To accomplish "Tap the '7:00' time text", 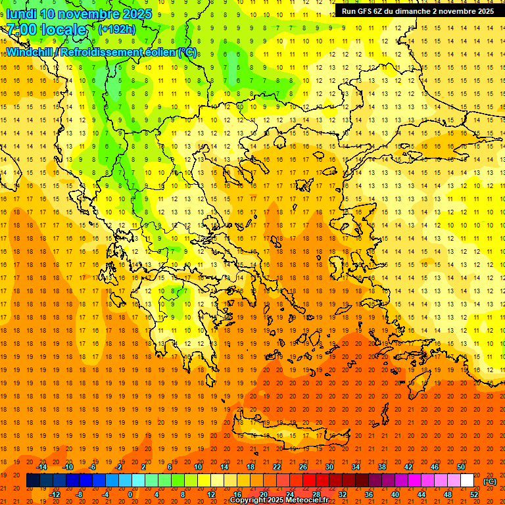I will (x=22, y=30).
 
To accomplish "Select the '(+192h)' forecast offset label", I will (x=116, y=29).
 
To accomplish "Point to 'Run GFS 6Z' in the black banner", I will (x=364, y=11).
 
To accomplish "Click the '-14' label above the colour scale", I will (x=41, y=467).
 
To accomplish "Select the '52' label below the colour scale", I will (x=473, y=494).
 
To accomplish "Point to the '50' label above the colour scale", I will (x=460, y=467).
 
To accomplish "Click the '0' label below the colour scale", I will (x=130, y=494).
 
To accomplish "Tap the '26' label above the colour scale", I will (x=303, y=467).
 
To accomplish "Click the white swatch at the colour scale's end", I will (x=467, y=481).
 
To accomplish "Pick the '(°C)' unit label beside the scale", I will (x=489, y=481).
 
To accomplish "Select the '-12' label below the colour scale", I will (x=55, y=494).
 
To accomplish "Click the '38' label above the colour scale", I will (x=381, y=467).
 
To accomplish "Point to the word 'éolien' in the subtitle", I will (x=153, y=52).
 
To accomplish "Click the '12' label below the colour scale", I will (x=210, y=494).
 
